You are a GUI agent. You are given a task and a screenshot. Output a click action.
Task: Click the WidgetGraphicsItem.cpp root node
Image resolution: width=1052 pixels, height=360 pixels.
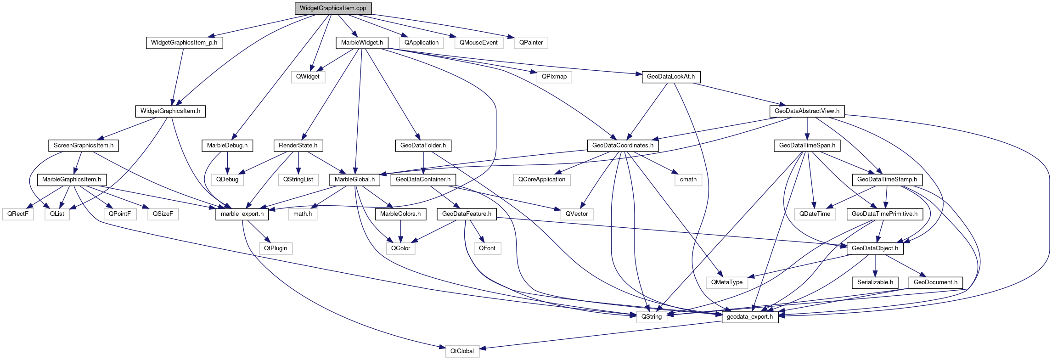click(x=333, y=8)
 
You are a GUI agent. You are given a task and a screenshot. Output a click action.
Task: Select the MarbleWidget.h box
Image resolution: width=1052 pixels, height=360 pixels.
click(x=362, y=43)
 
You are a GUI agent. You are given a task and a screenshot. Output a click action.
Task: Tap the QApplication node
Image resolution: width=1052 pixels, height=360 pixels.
click(x=422, y=43)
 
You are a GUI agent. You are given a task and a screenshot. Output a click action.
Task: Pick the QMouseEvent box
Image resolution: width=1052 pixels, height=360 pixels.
click(x=478, y=43)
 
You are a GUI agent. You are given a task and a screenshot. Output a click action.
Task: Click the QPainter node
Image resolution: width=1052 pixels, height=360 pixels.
click(x=531, y=43)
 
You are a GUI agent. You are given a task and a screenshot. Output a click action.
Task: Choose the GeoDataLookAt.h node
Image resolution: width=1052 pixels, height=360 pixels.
click(x=670, y=77)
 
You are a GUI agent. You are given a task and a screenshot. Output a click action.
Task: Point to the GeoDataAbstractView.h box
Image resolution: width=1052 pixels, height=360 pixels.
click(x=807, y=111)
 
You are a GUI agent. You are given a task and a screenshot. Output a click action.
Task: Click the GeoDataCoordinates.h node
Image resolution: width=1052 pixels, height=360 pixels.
click(x=623, y=146)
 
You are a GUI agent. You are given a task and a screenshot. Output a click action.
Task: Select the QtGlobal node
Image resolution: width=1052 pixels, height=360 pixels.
click(x=462, y=351)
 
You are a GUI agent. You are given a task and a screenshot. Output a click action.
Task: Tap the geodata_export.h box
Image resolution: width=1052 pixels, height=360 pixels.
click(x=750, y=317)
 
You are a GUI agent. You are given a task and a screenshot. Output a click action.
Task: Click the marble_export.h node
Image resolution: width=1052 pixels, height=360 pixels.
click(x=242, y=214)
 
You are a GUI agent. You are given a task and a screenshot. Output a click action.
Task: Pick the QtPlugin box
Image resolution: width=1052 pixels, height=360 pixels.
click(x=276, y=248)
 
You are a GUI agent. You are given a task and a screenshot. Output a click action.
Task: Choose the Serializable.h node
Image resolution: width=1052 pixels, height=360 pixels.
click(x=875, y=282)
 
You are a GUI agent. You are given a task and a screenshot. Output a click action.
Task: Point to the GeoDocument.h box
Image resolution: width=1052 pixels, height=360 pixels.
click(x=935, y=282)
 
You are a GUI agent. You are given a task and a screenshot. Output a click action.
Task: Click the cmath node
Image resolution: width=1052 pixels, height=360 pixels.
click(x=688, y=180)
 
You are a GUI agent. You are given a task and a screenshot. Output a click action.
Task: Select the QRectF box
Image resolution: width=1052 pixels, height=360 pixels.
click(x=18, y=214)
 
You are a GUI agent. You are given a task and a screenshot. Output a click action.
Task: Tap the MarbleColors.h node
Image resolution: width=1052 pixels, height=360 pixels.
click(x=400, y=214)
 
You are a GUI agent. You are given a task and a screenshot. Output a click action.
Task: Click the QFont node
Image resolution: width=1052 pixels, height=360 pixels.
click(x=487, y=248)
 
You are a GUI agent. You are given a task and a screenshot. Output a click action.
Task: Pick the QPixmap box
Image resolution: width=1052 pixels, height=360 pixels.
click(x=554, y=77)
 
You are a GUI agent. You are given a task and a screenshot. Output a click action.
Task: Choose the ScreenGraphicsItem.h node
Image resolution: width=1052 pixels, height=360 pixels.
click(x=84, y=146)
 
